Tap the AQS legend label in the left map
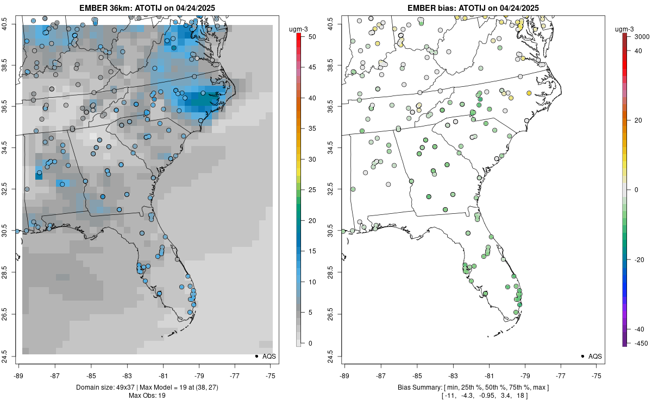coord(269,357)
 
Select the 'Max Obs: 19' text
coord(147,396)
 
